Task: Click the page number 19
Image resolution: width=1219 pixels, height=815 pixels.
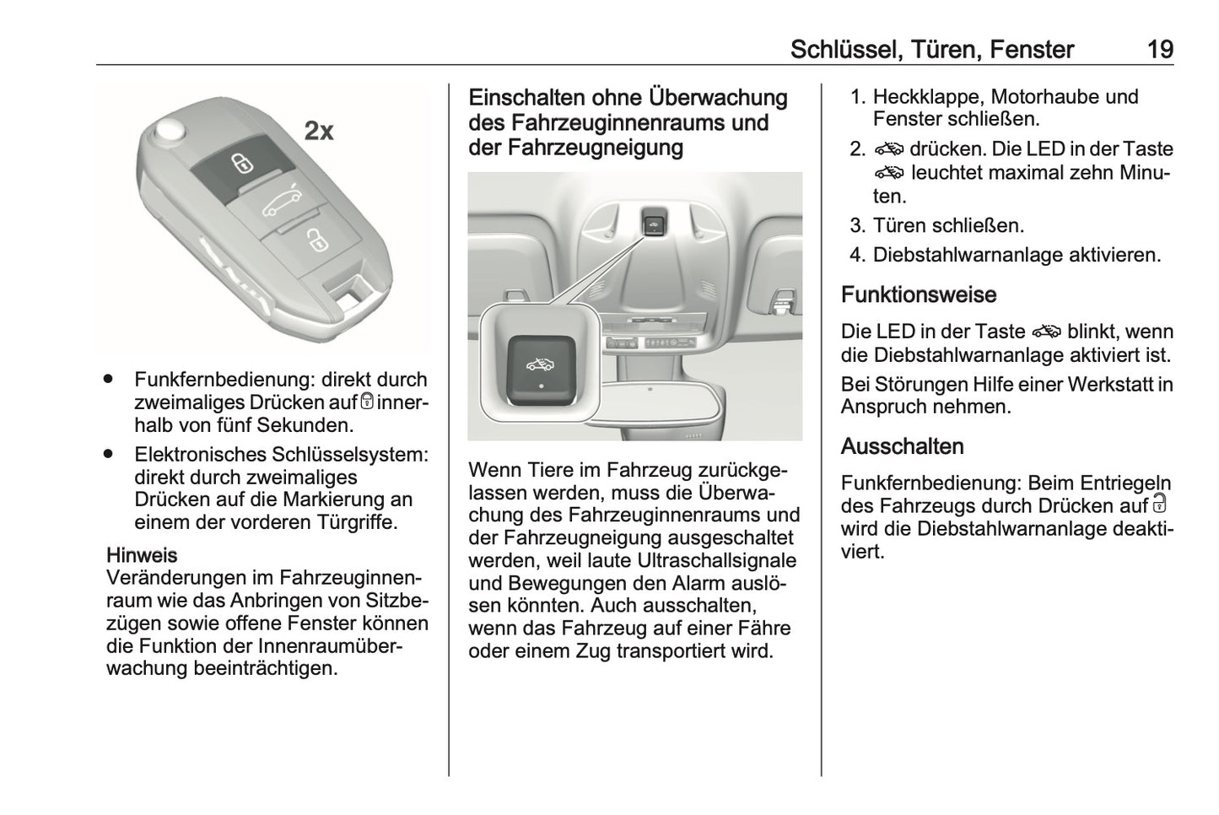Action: click(x=1160, y=50)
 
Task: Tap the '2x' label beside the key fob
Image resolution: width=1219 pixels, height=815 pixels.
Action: click(x=319, y=131)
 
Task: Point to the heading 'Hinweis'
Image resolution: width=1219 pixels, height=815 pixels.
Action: click(x=142, y=555)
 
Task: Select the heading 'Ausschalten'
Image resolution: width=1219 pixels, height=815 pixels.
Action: click(x=902, y=446)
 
